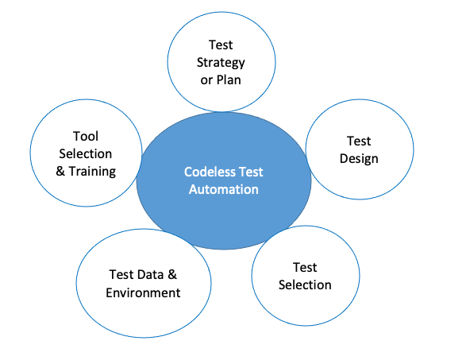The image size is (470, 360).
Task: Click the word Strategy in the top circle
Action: (221, 64)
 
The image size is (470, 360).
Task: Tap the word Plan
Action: (230, 80)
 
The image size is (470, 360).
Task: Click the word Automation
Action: (223, 189)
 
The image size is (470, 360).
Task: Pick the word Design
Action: (359, 158)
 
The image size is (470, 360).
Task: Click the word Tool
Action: (85, 136)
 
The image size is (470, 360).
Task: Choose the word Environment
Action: (143, 292)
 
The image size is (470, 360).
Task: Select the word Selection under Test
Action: (305, 285)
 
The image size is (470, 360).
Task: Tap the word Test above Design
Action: (359, 141)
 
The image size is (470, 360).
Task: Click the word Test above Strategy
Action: (221, 46)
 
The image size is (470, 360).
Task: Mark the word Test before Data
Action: (121, 275)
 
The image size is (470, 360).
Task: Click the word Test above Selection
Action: (305, 267)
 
